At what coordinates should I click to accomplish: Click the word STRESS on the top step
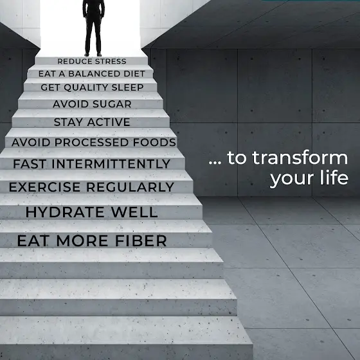point(111,61)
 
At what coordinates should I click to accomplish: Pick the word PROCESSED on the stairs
point(91,142)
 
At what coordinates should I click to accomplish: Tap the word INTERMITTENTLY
point(111,164)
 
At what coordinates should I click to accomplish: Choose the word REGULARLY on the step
point(130,187)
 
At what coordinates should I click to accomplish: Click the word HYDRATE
point(65,212)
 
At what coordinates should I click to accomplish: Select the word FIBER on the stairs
point(141,240)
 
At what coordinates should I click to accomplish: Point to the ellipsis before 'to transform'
point(215,163)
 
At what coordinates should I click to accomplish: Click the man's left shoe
point(99,55)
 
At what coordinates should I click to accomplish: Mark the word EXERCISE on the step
point(44,187)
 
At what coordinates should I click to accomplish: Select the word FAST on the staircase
point(30,164)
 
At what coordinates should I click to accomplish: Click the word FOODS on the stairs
point(154,142)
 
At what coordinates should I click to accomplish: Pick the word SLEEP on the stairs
point(127,87)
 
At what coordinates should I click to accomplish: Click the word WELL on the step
point(134,212)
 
